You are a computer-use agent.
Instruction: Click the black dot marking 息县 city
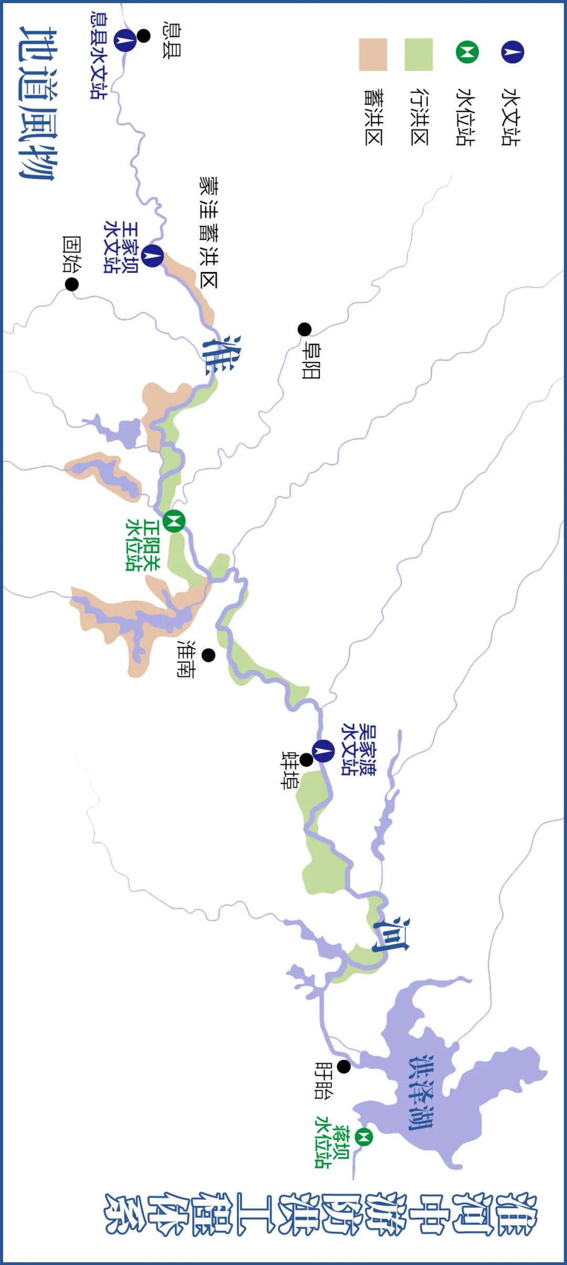(143, 36)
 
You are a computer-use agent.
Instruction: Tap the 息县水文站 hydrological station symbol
(125, 40)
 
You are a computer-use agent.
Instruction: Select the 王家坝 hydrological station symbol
(152, 256)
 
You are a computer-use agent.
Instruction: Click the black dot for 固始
(72, 284)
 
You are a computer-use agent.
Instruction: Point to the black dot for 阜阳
(304, 329)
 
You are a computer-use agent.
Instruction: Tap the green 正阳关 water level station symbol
(174, 521)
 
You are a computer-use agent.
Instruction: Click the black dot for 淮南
(208, 655)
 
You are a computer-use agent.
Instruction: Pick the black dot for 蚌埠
(306, 760)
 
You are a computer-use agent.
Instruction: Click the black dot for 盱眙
(344, 1067)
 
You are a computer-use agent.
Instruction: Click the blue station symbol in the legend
(512, 52)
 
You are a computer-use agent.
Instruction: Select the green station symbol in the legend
(467, 52)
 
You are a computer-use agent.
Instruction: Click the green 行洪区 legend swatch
(418, 54)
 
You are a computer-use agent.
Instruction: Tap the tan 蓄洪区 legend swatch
(373, 54)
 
